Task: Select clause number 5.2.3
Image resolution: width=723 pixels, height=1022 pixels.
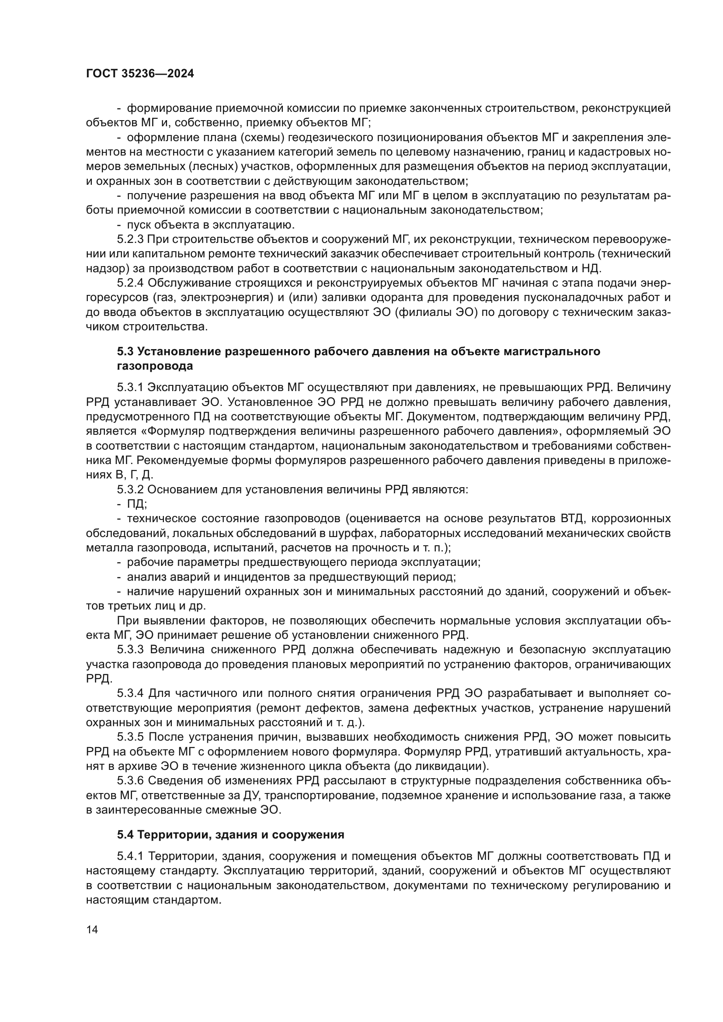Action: (130, 239)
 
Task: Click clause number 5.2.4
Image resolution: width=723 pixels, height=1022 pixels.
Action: (130, 283)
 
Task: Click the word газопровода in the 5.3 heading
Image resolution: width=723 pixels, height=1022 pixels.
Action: (155, 366)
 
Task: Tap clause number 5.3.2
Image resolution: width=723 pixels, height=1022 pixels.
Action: (130, 490)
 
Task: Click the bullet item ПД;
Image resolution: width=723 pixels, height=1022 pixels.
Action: (137, 504)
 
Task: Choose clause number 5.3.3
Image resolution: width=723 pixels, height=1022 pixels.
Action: (130, 650)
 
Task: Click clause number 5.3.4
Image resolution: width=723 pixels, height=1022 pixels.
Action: (130, 693)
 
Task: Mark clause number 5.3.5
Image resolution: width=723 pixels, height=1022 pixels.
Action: (130, 737)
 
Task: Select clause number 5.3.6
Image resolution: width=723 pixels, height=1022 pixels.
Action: (130, 781)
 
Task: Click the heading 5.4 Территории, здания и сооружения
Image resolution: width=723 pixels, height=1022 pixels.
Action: (231, 835)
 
